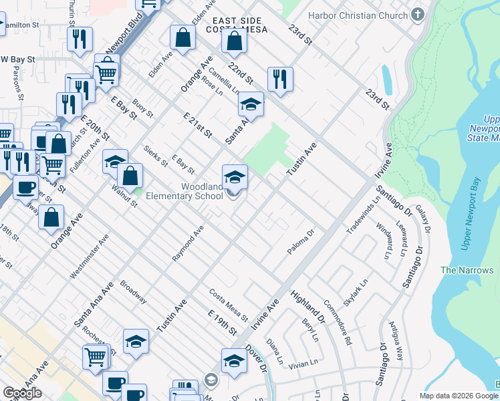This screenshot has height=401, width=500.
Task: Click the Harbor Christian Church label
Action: (x=358, y=15)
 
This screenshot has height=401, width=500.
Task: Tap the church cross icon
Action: (x=418, y=15)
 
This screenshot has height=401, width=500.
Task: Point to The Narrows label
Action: (x=467, y=270)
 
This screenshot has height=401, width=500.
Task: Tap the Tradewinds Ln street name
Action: (x=363, y=216)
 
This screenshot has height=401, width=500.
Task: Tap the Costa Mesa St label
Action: (x=228, y=304)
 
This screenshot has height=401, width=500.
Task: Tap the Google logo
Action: (x=22, y=393)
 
